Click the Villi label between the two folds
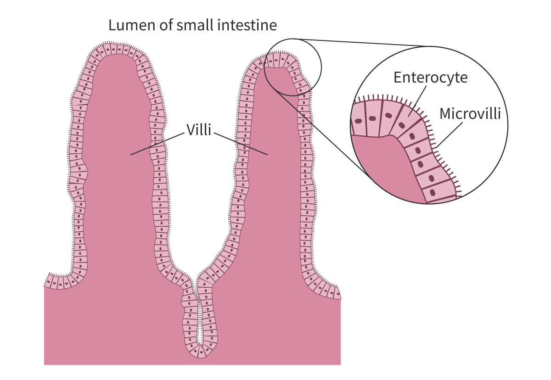[x=198, y=130]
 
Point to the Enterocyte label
[x=430, y=78]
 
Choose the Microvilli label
[x=470, y=114]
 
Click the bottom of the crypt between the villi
[x=200, y=352]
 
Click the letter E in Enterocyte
[x=398, y=78]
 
